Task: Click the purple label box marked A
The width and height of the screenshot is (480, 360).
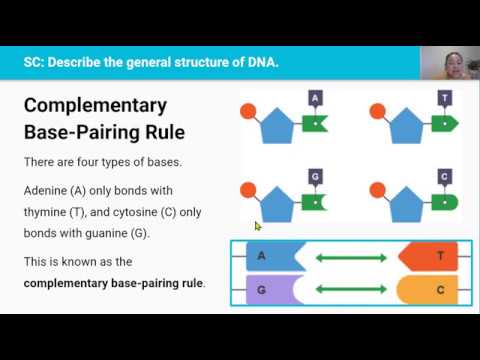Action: coord(316,98)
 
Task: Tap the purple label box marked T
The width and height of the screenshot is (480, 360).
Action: coord(444,98)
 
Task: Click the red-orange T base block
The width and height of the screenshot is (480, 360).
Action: coord(429,257)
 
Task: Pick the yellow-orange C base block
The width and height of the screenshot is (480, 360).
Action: coord(429,290)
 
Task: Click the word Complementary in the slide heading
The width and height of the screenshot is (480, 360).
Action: coord(95,105)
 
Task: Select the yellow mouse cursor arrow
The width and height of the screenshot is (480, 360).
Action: coord(257,226)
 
